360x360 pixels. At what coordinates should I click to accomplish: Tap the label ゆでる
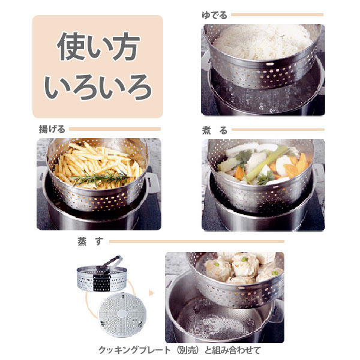pyautogui.click(x=214, y=15)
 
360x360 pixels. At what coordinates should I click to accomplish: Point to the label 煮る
pyautogui.click(x=215, y=130)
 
